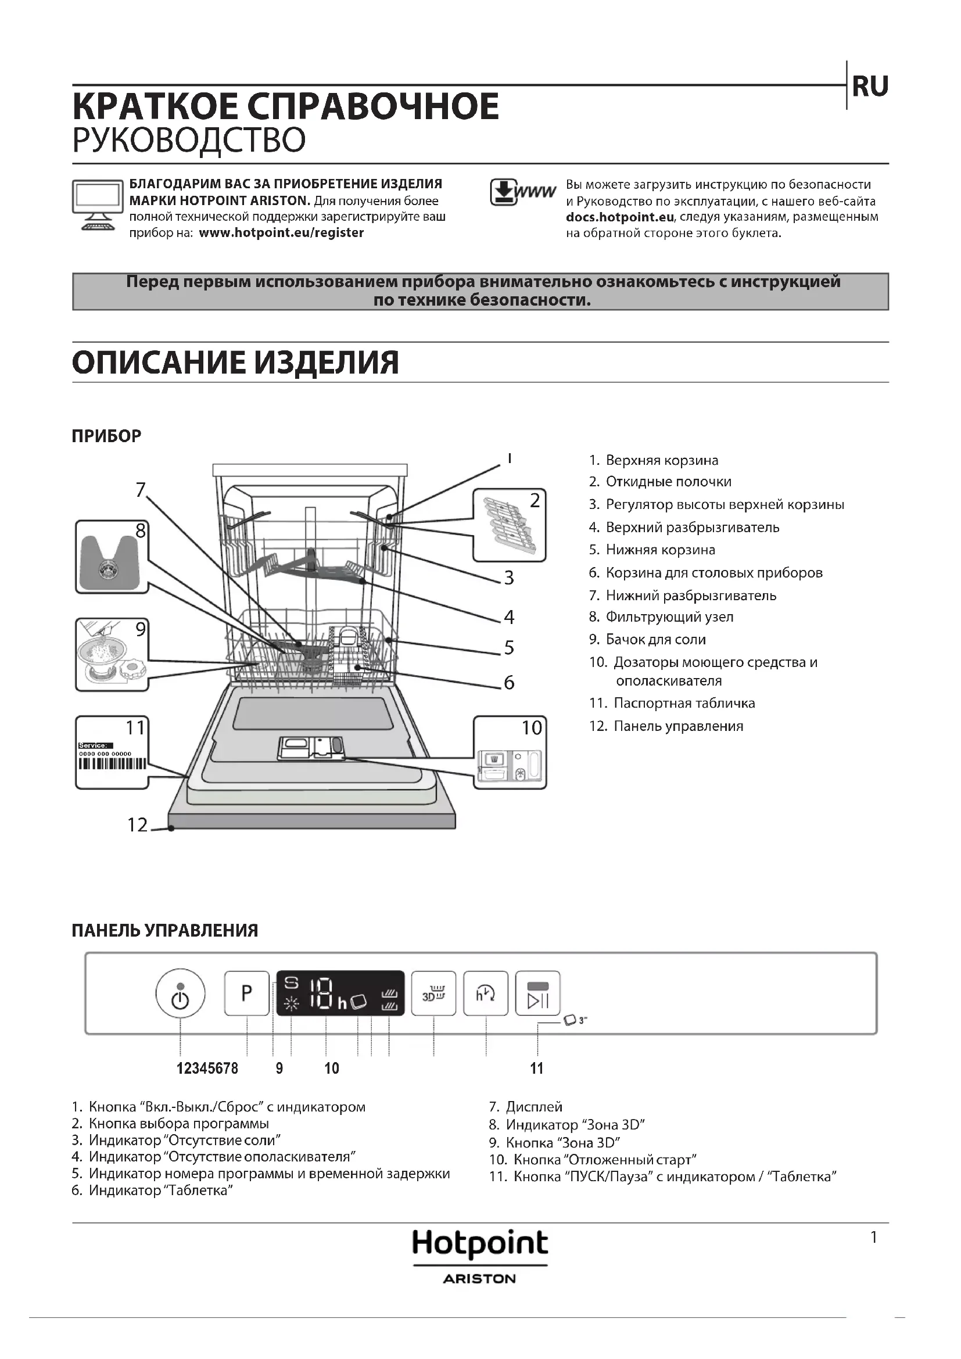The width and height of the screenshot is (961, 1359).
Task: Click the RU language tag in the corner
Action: point(869,87)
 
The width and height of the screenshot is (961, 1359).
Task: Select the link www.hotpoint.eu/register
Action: point(281,232)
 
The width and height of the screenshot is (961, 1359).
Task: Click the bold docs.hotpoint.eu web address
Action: point(619,217)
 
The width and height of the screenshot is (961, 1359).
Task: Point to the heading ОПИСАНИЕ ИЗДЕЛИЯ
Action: point(235,362)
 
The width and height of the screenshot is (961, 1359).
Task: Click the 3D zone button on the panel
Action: point(433,992)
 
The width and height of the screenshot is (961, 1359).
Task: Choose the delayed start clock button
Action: point(485,992)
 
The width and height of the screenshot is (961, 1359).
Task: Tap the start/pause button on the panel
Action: point(537,992)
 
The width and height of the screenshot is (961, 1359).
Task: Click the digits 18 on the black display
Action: point(322,993)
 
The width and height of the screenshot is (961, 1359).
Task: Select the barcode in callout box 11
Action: point(112,763)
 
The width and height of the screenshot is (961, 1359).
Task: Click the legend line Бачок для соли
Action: point(655,639)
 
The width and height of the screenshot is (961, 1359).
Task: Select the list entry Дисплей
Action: point(533,1106)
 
